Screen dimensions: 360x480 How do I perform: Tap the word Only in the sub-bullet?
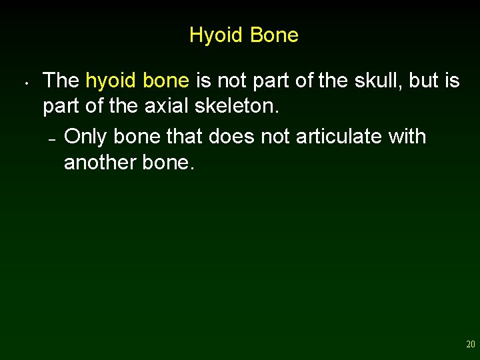pos(87,136)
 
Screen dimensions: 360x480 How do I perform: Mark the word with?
pos(408,136)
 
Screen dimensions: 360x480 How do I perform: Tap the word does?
pos(231,136)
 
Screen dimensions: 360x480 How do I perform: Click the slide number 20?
pos(471,345)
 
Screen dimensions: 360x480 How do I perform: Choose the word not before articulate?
pos(274,136)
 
